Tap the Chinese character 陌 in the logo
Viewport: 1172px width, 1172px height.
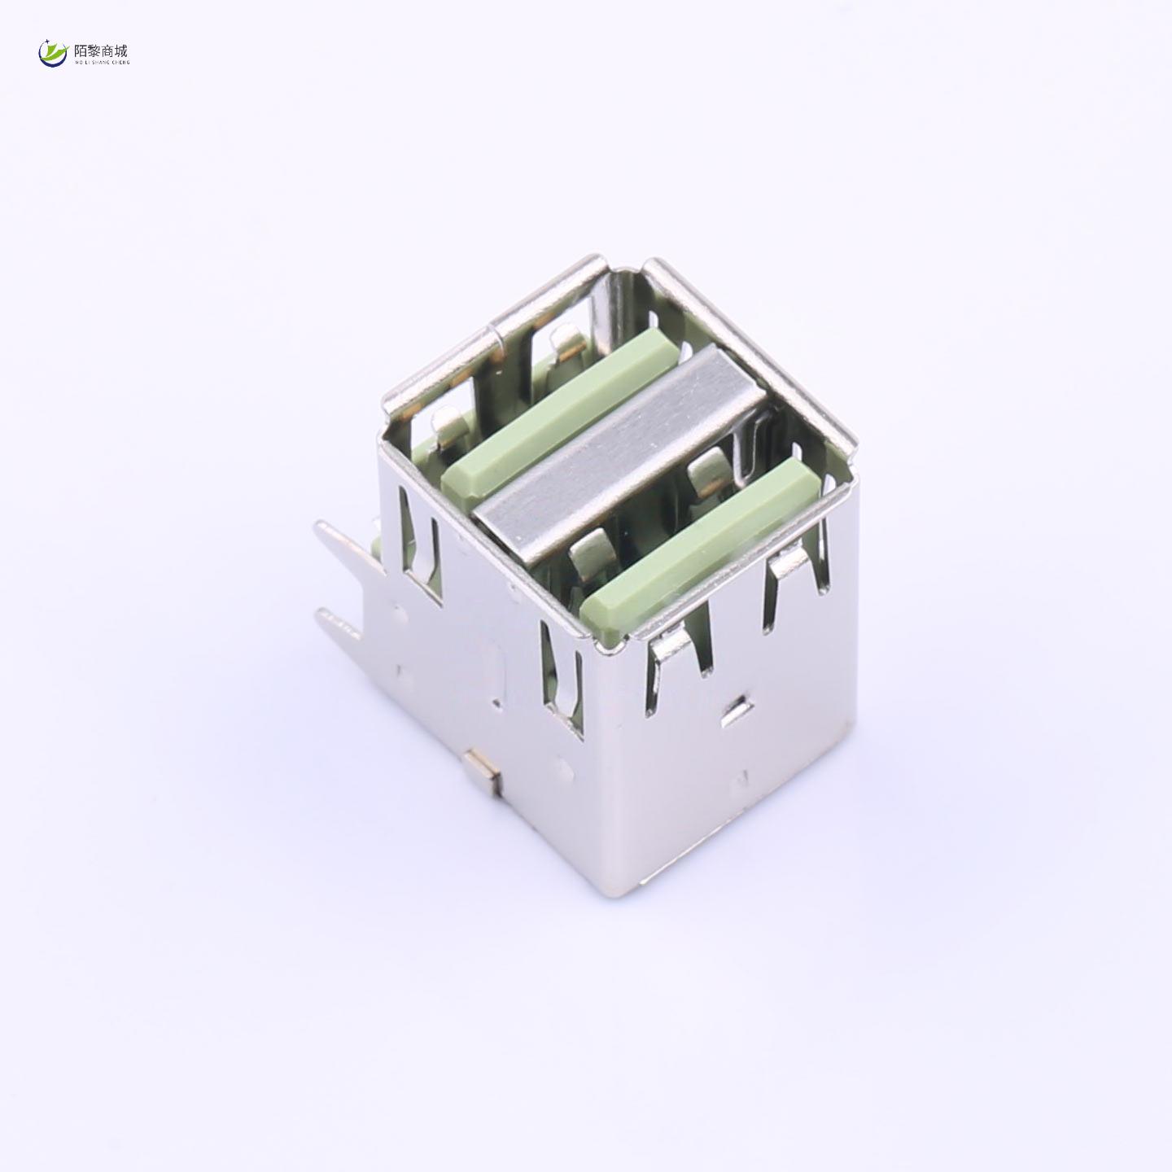click(x=81, y=50)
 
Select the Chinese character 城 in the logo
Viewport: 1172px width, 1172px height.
click(x=121, y=50)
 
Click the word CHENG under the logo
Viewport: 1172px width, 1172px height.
click(x=120, y=62)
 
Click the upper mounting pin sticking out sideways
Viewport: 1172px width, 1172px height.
click(x=346, y=549)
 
